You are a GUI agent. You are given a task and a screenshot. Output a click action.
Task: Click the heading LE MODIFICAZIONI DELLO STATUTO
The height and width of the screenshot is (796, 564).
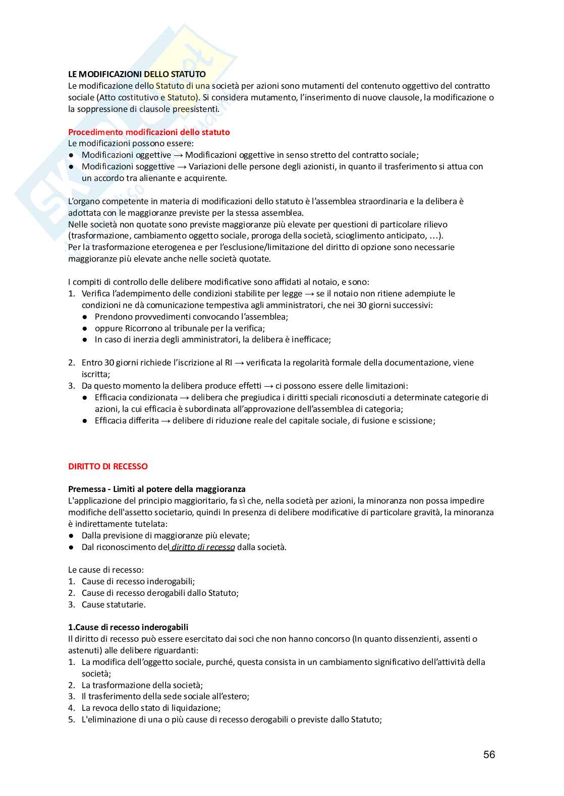click(x=137, y=74)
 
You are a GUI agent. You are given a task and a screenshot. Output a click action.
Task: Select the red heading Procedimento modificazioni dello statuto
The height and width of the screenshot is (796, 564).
click(x=149, y=132)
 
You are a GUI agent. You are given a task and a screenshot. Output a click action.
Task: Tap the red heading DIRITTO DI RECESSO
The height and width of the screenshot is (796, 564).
click(x=108, y=466)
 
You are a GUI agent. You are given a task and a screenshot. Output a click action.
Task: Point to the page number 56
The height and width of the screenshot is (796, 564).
click(x=489, y=754)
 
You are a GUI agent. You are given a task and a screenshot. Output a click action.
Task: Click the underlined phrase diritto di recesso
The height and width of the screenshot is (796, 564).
click(x=203, y=547)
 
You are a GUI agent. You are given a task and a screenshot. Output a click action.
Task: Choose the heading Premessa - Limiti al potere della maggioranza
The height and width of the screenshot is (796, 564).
click(x=157, y=489)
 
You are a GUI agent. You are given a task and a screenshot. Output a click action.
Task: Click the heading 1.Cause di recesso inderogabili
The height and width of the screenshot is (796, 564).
click(x=128, y=627)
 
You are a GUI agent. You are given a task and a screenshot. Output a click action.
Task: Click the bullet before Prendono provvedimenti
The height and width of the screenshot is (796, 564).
click(x=85, y=317)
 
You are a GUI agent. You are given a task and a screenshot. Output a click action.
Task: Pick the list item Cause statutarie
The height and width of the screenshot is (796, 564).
click(x=114, y=604)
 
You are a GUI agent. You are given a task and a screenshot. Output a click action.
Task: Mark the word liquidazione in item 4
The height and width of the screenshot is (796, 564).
click(x=194, y=708)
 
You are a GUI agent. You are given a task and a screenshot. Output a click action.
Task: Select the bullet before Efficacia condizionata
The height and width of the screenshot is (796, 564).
click(x=85, y=397)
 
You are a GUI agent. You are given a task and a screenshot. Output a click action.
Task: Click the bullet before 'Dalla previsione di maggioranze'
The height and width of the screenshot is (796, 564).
click(x=72, y=535)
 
